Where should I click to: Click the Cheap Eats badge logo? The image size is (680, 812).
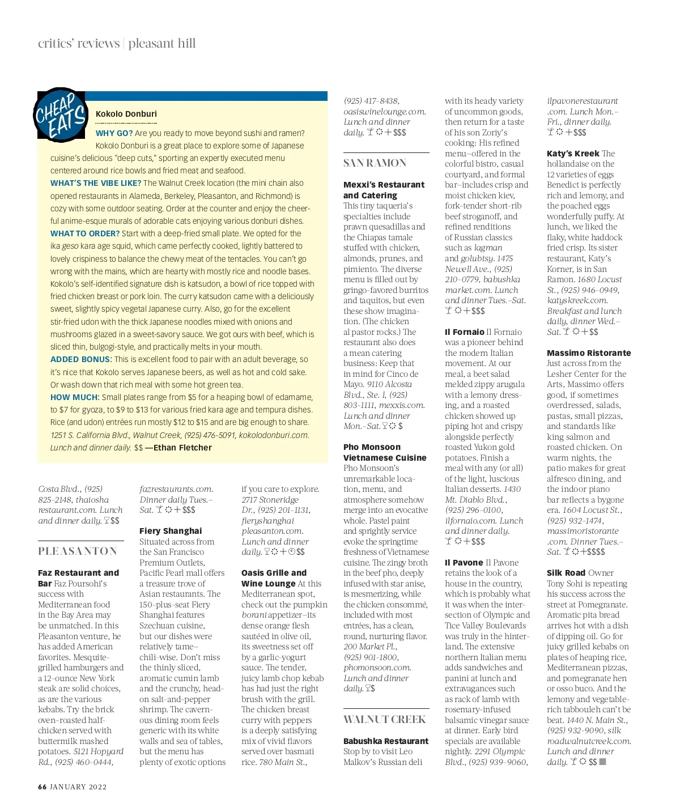60,115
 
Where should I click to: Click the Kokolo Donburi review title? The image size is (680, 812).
126,114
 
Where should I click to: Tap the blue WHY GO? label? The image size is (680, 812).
114,133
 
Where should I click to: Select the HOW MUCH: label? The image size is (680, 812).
75,397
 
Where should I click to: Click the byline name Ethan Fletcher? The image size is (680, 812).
182,448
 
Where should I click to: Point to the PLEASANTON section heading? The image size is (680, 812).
78,551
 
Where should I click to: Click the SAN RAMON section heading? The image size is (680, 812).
375,163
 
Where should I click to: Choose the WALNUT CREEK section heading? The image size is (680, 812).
384,720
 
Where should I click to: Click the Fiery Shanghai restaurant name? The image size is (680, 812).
171,531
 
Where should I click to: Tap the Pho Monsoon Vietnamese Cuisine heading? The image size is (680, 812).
385,452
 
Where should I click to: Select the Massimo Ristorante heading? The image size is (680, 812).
589,353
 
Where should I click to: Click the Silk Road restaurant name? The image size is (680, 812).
566,573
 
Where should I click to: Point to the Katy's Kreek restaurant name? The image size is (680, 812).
573,154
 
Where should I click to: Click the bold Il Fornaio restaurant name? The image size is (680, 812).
465,332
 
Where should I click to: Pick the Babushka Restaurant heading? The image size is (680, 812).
386,741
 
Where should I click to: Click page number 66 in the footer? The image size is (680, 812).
42,787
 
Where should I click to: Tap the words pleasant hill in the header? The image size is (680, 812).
162,44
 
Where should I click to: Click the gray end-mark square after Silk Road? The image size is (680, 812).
602,762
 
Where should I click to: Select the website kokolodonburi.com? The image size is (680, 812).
274,435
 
